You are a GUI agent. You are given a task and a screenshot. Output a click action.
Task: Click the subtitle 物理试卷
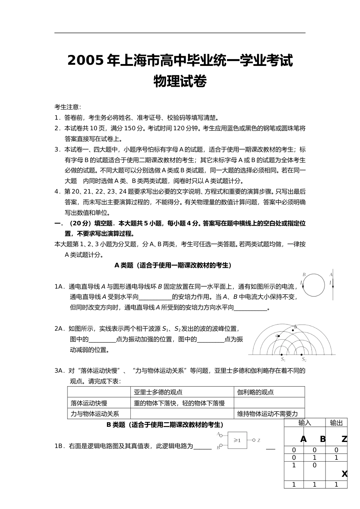pos(180,81)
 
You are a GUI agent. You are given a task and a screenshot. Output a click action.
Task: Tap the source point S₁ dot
pos(282,355)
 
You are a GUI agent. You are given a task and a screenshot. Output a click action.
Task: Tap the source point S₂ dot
pos(302,355)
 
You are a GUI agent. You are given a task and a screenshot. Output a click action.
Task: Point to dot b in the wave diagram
pos(293,330)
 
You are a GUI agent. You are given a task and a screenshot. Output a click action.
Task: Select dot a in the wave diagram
pos(279,336)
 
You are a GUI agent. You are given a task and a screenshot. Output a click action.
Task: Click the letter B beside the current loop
pos(304,275)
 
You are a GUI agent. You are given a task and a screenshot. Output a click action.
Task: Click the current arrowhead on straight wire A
pos(333,287)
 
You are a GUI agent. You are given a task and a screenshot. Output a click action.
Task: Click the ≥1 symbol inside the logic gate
pos(237,440)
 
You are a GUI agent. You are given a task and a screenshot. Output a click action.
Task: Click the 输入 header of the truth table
pos(305,423)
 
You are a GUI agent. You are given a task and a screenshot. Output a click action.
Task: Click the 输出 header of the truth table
pos(336,423)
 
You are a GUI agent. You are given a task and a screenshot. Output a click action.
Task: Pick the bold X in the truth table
pos(344,474)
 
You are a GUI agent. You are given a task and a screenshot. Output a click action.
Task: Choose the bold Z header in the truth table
pos(344,439)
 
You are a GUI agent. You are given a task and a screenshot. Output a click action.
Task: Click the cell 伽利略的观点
pos(255,392)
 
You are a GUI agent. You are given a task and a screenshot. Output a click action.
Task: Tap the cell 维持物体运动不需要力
pos(268,414)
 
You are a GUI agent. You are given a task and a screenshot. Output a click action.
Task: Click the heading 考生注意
pos(68,107)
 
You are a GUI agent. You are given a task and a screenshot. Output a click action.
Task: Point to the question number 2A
pos(59,329)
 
